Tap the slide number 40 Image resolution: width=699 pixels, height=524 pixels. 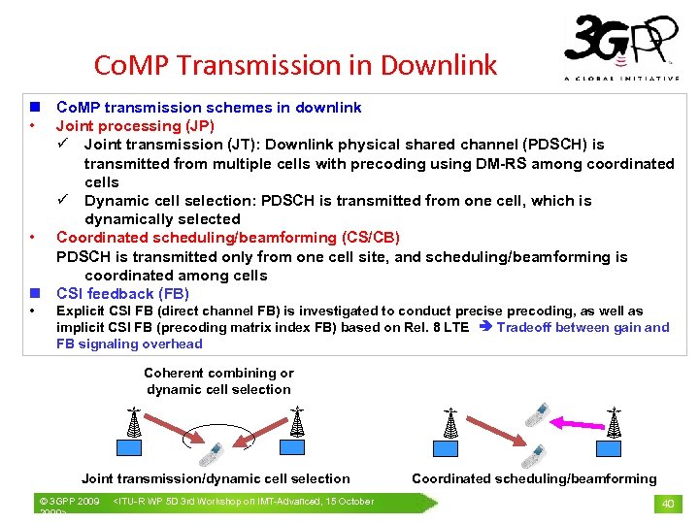pyautogui.click(x=668, y=503)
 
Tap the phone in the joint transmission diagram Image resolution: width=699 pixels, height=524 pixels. pyautogui.click(x=212, y=453)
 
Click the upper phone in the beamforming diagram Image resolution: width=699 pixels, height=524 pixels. pyautogui.click(x=535, y=415)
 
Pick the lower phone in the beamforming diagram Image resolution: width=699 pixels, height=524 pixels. pyautogui.click(x=533, y=454)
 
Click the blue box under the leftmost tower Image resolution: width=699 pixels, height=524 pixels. pyautogui.click(x=130, y=446)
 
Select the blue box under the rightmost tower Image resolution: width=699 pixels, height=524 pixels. pyautogui.click(x=609, y=446)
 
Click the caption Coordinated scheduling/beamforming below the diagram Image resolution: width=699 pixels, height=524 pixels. pyautogui.click(x=534, y=478)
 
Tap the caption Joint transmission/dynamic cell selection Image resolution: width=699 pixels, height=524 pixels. pyautogui.click(x=216, y=478)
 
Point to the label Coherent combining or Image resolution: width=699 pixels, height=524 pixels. pyautogui.click(x=218, y=373)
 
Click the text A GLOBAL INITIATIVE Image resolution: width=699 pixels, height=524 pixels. pyautogui.click(x=621, y=79)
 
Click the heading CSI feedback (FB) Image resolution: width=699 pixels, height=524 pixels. pyautogui.click(x=122, y=294)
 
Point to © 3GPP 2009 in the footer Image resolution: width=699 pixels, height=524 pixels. pyautogui.click(x=68, y=502)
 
